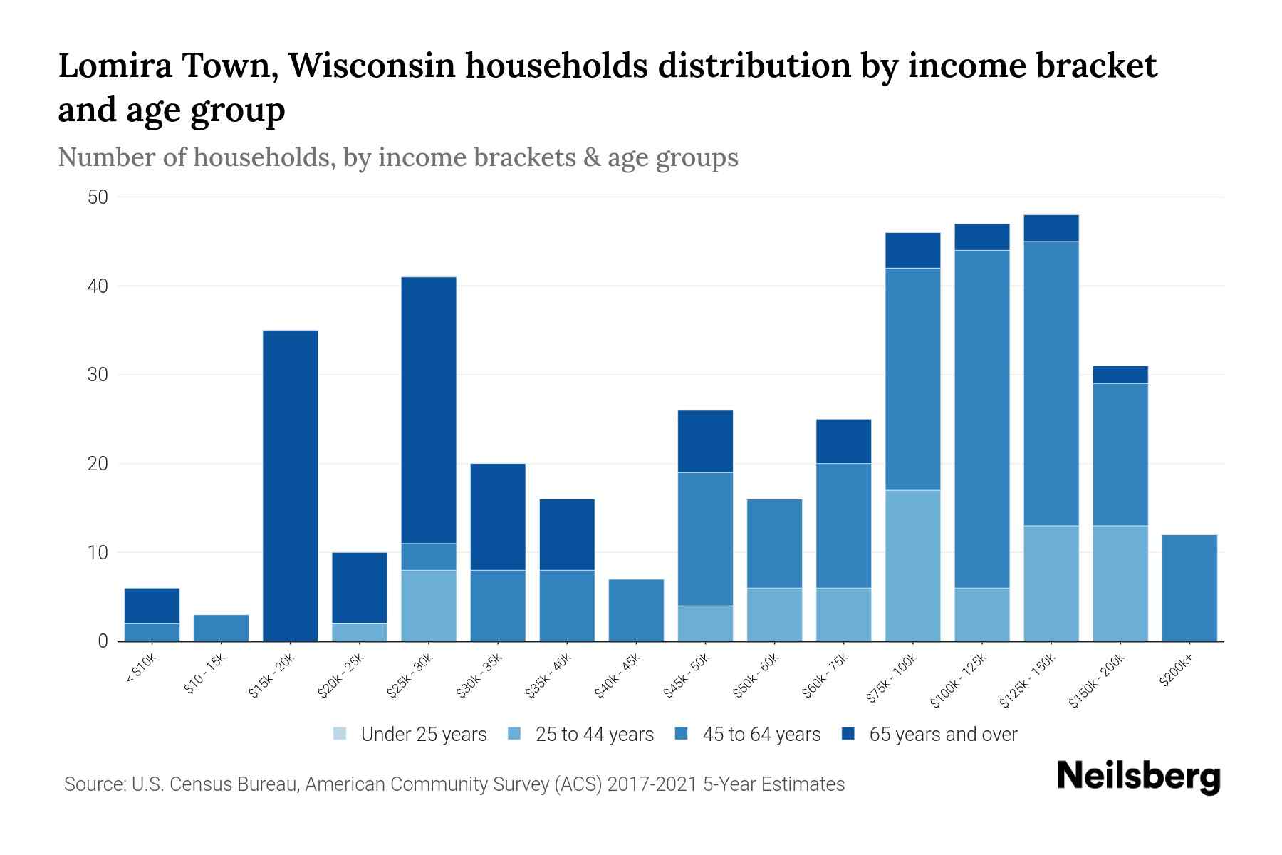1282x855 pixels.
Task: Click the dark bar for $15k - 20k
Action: click(x=290, y=485)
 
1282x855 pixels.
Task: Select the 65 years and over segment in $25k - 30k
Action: click(x=429, y=410)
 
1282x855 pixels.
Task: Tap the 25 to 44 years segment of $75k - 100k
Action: click(x=912, y=565)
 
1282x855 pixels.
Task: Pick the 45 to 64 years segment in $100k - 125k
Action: click(x=982, y=418)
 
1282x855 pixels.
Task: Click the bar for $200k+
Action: click(x=1189, y=588)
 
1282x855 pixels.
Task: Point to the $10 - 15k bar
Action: click(x=221, y=628)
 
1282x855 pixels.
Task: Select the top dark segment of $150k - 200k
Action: click(x=1120, y=375)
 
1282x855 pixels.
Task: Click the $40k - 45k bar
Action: click(x=636, y=610)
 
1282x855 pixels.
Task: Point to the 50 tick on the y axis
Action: click(x=98, y=197)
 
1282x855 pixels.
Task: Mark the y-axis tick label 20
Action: click(x=98, y=464)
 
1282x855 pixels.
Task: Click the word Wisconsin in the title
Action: click(x=372, y=66)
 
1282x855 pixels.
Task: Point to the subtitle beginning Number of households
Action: click(x=397, y=157)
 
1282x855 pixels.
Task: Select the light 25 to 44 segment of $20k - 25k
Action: click(x=359, y=632)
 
